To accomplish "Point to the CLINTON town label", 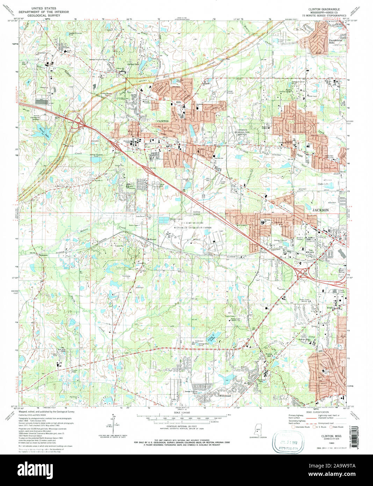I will pyautogui.click(x=163, y=121).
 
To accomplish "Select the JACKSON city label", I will pyautogui.click(x=321, y=210).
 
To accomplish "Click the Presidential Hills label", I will pyautogui.click(x=336, y=42).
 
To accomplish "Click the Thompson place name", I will pyautogui.click(x=43, y=255).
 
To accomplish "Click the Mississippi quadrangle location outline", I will pyautogui.click(x=259, y=429).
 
